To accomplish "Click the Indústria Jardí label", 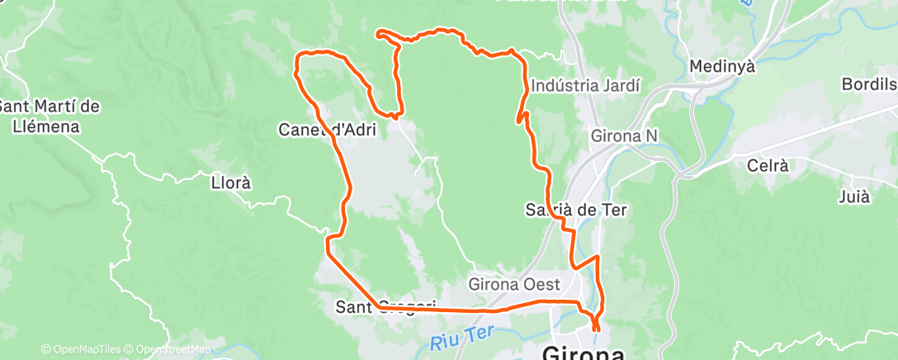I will [585, 85].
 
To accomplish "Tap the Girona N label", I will [625, 135].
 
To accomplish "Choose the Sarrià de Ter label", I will [576, 210].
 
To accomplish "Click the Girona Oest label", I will [513, 284].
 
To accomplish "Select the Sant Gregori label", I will [385, 307].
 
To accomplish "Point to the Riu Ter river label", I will [461, 334].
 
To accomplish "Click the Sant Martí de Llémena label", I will [50, 116].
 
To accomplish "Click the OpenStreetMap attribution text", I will [170, 349].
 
